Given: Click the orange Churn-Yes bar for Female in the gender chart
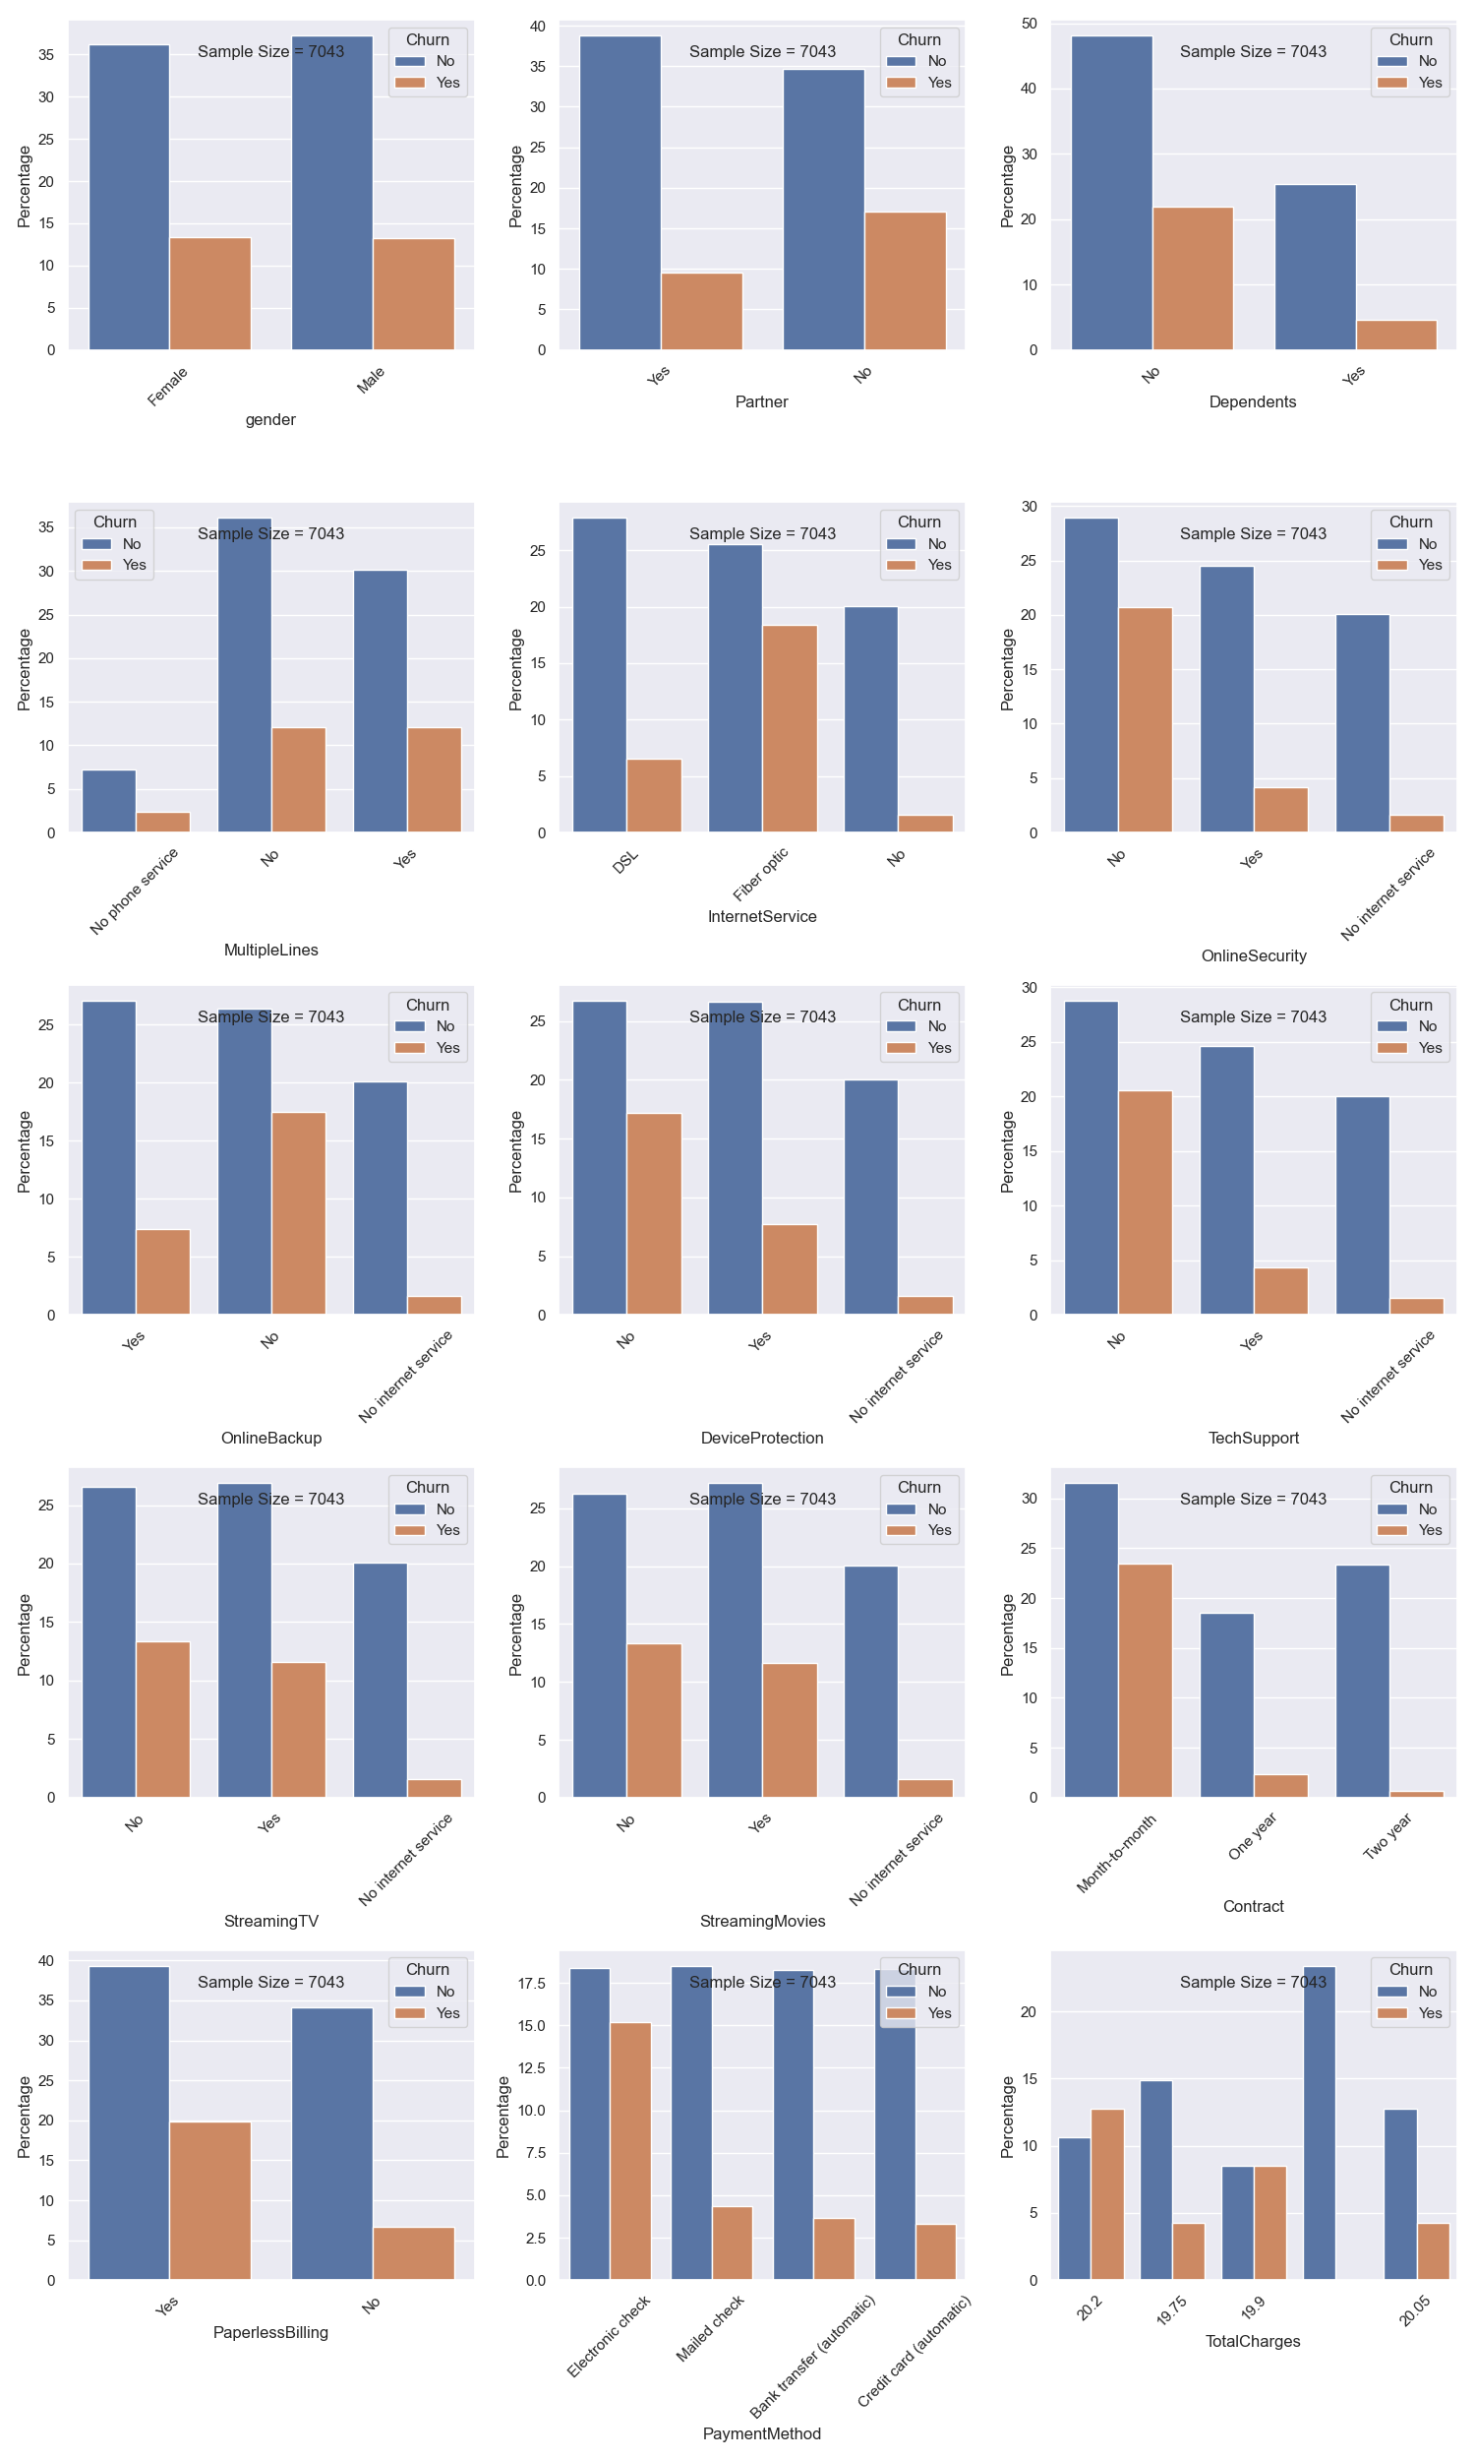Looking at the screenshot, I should click(x=209, y=293).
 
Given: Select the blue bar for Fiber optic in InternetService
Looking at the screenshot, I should click(x=735, y=688).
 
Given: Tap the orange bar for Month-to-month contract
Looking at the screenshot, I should click(x=1145, y=1680).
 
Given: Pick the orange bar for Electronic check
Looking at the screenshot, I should click(x=630, y=2150).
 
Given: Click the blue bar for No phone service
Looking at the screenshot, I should click(x=109, y=800).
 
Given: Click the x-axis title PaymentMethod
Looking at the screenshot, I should click(x=761, y=2433).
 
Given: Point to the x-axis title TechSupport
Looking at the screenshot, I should click(x=1254, y=1438).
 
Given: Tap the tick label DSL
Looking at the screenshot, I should click(x=626, y=861).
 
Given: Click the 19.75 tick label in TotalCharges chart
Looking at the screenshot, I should click(x=1172, y=2310).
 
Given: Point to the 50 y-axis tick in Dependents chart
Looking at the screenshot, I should click(x=1029, y=24).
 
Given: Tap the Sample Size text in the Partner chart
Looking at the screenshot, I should click(x=762, y=52).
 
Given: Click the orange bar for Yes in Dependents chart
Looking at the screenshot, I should click(x=1396, y=336).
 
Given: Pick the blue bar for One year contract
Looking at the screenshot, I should click(x=1226, y=1704).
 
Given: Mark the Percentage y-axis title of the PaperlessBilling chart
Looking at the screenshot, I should click(x=24, y=2117).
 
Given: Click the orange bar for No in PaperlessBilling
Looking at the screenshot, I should click(x=413, y=2253).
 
